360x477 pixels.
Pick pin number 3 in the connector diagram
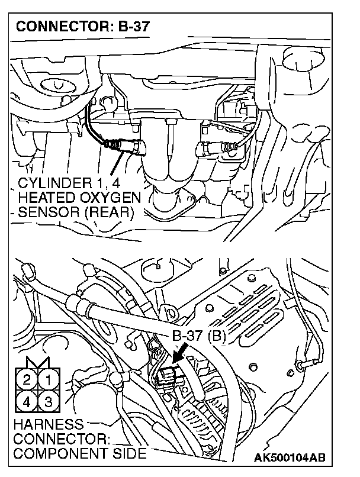pyautogui.click(x=49, y=401)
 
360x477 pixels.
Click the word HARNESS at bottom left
pyautogui.click(x=41, y=425)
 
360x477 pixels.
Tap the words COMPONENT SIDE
pyautogui.click(x=79, y=454)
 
